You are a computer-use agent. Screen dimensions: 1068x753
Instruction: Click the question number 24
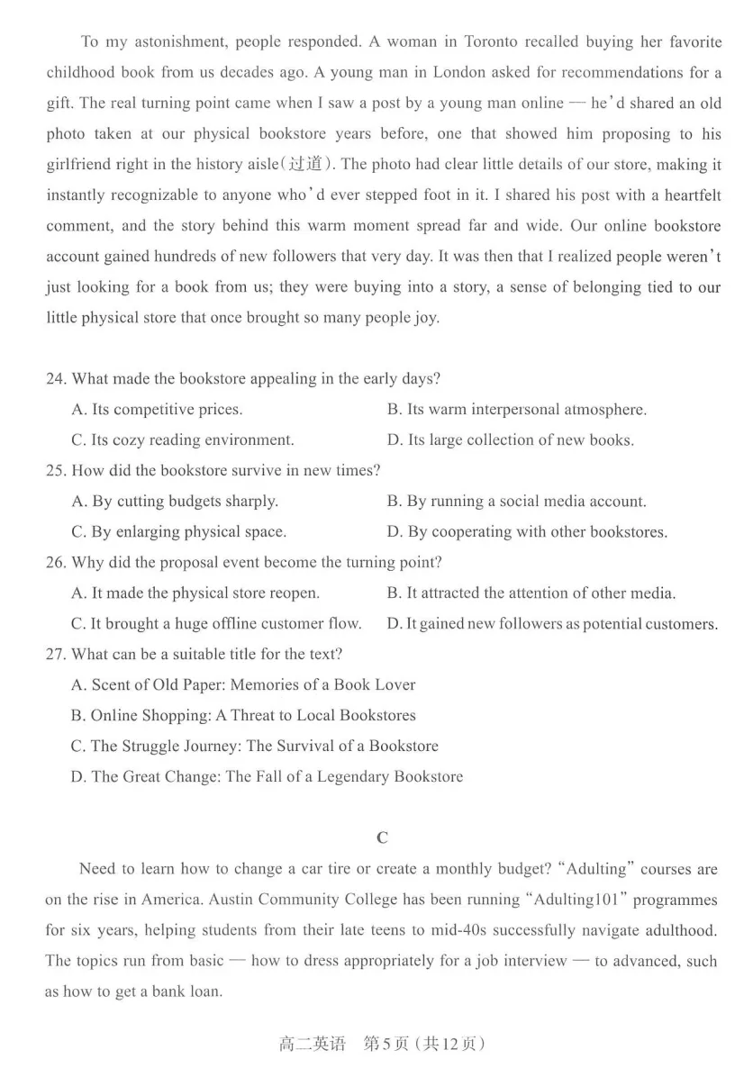pos(56,379)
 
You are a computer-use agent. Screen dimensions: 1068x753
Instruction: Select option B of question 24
pos(516,410)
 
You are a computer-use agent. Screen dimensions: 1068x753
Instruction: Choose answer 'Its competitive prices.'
pos(157,410)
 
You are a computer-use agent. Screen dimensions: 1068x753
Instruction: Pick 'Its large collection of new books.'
pos(510,440)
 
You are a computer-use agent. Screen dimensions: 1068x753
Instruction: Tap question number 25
pos(56,471)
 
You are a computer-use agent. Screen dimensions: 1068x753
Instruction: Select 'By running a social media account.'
pos(516,502)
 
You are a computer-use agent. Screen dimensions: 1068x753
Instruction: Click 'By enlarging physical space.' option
pos(178,532)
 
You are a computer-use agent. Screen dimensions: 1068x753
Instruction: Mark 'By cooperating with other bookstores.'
pos(527,532)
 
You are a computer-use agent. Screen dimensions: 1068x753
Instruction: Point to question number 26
pos(56,563)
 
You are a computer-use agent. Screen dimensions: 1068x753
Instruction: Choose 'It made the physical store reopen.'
pos(195,593)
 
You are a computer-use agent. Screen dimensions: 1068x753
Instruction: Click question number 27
pos(56,654)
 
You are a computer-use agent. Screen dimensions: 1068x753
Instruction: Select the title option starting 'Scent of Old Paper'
pos(243,685)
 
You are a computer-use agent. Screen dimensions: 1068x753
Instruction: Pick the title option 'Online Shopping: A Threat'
pos(243,716)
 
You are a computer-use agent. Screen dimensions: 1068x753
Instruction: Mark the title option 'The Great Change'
pos(267,776)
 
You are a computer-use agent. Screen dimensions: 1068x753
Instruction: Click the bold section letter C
pos(382,838)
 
